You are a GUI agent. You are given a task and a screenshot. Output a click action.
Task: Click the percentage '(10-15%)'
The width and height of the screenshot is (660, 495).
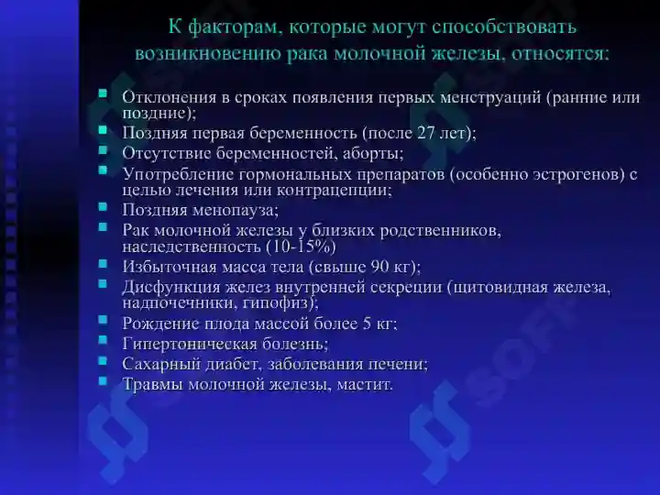300,247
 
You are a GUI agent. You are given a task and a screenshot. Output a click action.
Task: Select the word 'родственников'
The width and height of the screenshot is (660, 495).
440,229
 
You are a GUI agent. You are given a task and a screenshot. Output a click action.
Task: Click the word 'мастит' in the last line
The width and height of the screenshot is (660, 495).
364,383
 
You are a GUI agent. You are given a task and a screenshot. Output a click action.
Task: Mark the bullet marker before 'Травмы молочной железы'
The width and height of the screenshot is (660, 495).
103,381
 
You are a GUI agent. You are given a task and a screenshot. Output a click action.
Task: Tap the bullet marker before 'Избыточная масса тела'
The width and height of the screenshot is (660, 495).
103,265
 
